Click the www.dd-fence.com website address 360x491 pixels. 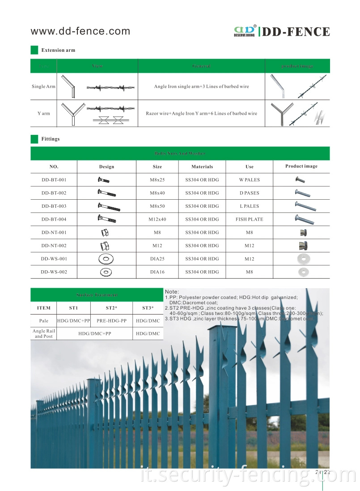tap(80, 31)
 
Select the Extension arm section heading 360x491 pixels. tap(58, 50)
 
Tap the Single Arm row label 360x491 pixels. tap(43, 86)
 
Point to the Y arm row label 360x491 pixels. tap(43, 113)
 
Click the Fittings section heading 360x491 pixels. tap(50, 139)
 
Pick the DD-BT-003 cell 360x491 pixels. tap(54, 206)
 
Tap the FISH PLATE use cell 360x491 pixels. tap(249, 219)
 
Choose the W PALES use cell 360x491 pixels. tap(249, 180)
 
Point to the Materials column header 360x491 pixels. tap(202, 167)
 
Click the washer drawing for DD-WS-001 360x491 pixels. tap(106, 259)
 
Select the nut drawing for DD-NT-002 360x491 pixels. tap(105, 246)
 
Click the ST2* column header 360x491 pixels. tap(111, 308)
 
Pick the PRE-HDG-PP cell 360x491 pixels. tap(111, 321)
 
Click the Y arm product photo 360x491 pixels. tap(297, 113)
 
